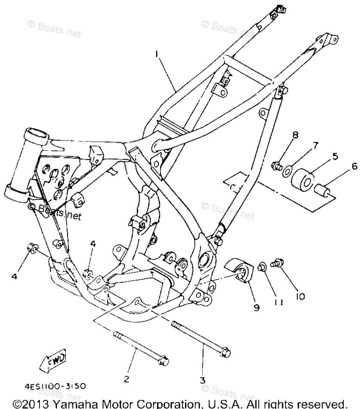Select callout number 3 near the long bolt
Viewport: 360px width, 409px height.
(202, 380)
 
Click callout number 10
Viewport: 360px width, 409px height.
(300, 296)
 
